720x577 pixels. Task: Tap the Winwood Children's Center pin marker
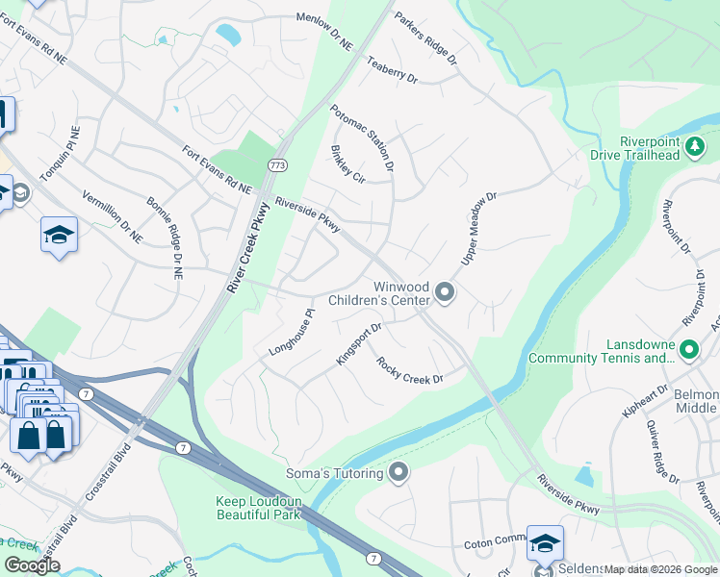pyautogui.click(x=444, y=291)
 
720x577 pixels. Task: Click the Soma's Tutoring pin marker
pyautogui.click(x=399, y=472)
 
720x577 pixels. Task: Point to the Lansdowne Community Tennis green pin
pyautogui.click(x=688, y=350)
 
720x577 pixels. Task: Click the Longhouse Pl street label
pyautogui.click(x=293, y=332)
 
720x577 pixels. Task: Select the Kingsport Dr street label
pyautogui.click(x=359, y=343)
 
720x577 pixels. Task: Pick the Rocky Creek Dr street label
pyautogui.click(x=409, y=371)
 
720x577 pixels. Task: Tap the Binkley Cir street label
pyautogui.click(x=347, y=163)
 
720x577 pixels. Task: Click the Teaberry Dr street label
pyautogui.click(x=392, y=69)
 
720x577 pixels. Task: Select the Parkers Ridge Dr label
pyautogui.click(x=425, y=38)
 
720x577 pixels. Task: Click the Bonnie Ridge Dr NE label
pyautogui.click(x=163, y=238)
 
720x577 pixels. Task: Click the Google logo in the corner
pyautogui.click(x=32, y=565)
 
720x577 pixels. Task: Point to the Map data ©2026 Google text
pyautogui.click(x=659, y=570)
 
